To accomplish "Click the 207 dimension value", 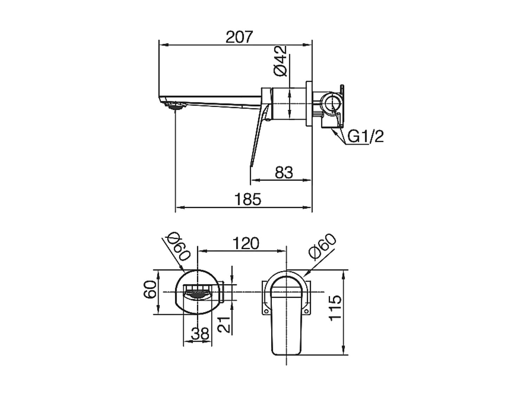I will coord(239,37).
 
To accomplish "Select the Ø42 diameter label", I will coord(280,61).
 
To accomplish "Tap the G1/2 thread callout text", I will coord(365,136).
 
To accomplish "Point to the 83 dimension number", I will coord(284,172).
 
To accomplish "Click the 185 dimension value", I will coord(248,200).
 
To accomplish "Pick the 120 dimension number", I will coord(246,243).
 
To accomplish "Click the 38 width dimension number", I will coord(200,334).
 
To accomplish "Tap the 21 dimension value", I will coord(224,324).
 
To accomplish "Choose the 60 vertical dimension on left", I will coord(151,289).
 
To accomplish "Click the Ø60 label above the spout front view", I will coord(179,247).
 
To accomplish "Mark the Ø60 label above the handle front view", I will coord(322,247).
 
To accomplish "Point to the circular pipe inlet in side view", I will coord(332,103).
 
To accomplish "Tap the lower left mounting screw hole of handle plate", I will coord(267,312).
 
